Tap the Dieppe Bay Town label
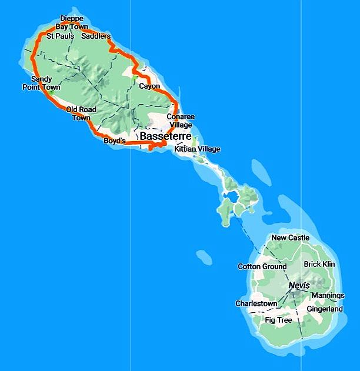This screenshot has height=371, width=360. pos(72,23)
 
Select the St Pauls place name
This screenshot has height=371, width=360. pos(61,36)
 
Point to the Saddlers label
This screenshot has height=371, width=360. pos(96,36)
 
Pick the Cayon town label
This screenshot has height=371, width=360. pos(149,86)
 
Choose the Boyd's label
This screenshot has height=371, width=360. pos(115,141)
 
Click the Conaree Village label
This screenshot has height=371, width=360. pos(181,121)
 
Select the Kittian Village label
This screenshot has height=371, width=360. pos(198,149)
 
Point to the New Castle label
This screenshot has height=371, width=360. pos(290,238)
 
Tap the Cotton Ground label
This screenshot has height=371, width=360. pos(262,266)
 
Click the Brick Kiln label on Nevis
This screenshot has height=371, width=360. pos(319,265)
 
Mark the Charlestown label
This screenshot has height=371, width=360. pos(256,303)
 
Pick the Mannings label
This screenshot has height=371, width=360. pos(328,295)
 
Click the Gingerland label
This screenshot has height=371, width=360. pos(325,309)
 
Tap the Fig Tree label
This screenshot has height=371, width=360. pos(278,320)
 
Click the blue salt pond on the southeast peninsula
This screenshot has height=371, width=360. pos(231,195)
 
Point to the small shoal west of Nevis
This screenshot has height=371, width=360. pos(204,258)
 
